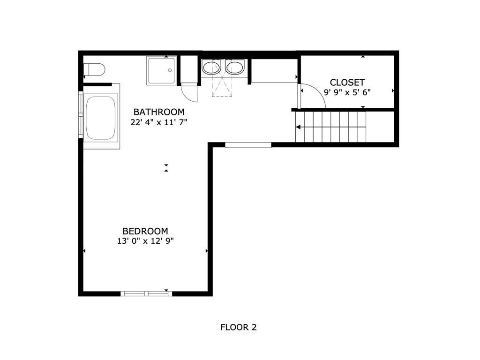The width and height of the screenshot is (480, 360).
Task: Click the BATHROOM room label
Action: (159, 112)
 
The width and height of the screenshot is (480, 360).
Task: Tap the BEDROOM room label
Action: (145, 231)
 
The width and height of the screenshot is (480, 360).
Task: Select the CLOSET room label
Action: (347, 82)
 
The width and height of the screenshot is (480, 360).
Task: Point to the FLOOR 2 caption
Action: (239, 327)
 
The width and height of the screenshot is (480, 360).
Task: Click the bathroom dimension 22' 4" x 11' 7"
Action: (159, 122)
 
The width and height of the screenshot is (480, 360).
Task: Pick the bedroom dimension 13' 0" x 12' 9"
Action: (145, 241)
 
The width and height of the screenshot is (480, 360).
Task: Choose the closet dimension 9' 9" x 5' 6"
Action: (347, 92)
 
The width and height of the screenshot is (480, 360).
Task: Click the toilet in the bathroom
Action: (94, 69)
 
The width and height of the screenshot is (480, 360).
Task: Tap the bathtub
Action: (101, 118)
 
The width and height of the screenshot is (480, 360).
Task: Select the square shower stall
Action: (162, 71)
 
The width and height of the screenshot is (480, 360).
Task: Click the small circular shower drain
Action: (170, 70)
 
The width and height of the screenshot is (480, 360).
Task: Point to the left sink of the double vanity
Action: (212, 67)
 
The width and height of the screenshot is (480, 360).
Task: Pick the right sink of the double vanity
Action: (235, 67)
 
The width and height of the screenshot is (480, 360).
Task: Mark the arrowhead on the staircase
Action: (298, 127)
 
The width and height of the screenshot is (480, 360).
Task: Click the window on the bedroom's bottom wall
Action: (146, 293)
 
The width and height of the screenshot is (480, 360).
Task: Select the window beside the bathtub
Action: (81, 115)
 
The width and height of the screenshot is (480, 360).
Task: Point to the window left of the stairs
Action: (248, 145)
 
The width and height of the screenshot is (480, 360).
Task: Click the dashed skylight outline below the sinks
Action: (222, 86)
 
